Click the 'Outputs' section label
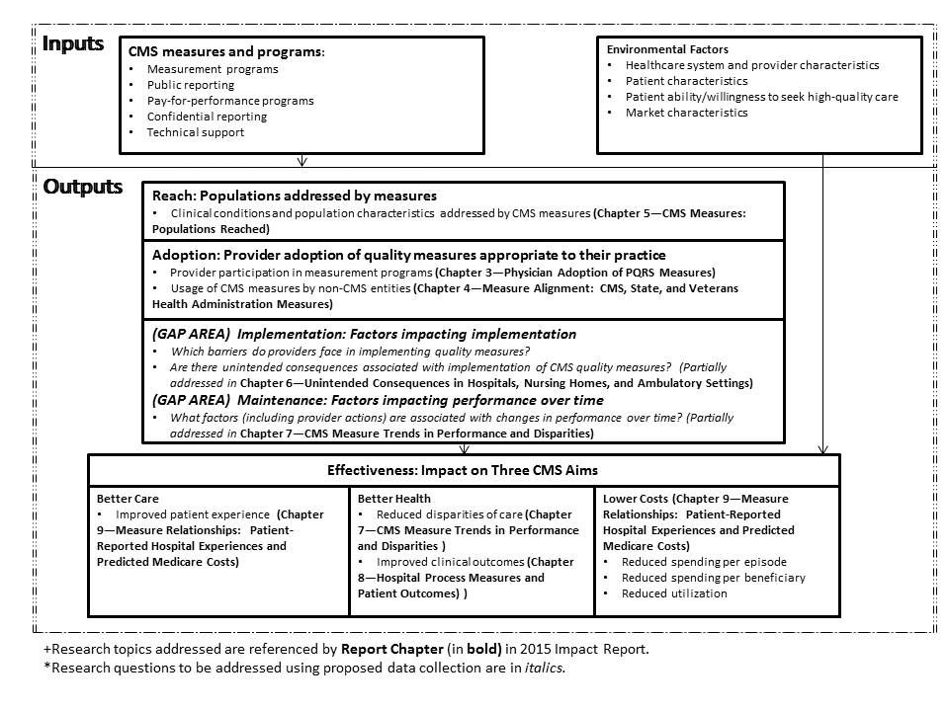pyautogui.click(x=82, y=187)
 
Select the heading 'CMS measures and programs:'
pyautogui.click(x=226, y=51)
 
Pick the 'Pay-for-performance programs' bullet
pyautogui.click(x=230, y=101)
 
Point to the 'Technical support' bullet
pyautogui.click(x=196, y=132)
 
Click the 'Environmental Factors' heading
pyautogui.click(x=666, y=49)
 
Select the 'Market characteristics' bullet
pyautogui.click(x=686, y=113)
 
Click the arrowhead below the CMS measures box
pyautogui.click(x=302, y=161)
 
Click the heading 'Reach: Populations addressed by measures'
pyautogui.click(x=295, y=196)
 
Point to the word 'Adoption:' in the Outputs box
pyautogui.click(x=183, y=255)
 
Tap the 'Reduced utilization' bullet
pyautogui.click(x=674, y=593)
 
